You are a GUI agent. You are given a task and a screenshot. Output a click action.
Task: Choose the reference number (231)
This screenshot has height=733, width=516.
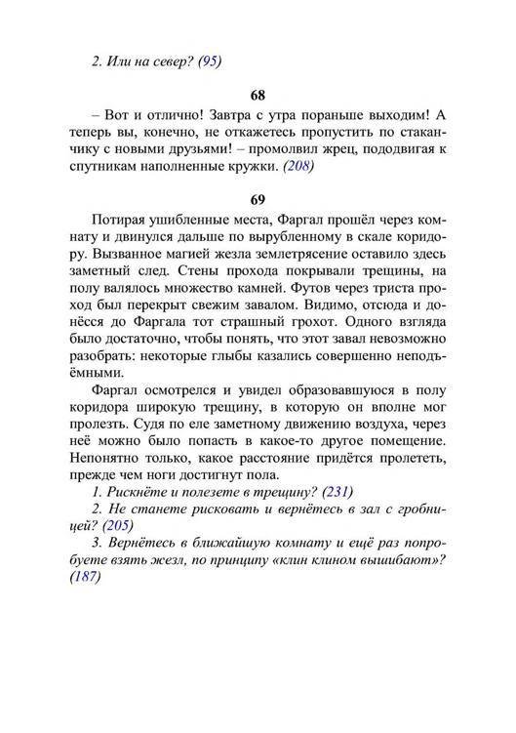(335, 491)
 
